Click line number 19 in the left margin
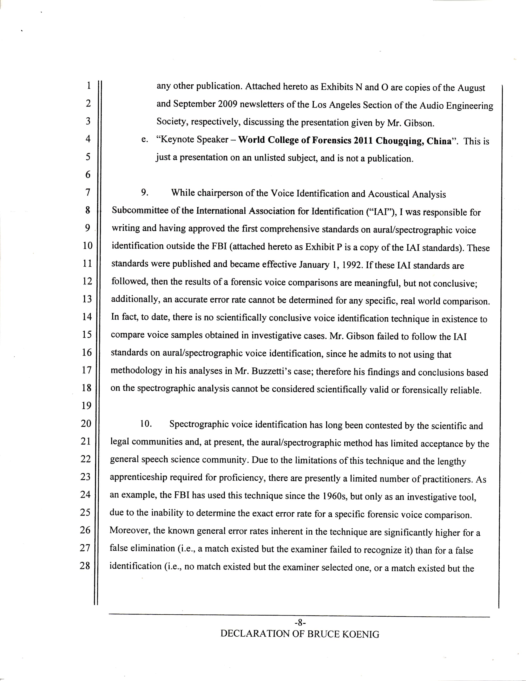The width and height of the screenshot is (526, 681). (x=86, y=406)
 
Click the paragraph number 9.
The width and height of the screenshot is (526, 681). (x=144, y=192)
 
